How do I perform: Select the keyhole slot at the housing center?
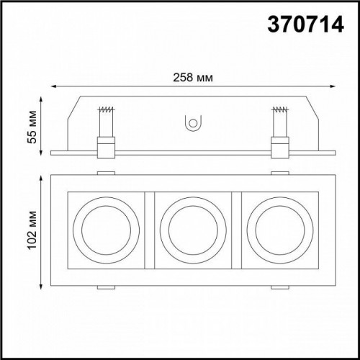point(192,124)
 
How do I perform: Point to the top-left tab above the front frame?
point(105,173)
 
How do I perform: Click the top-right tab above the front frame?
point(278,173)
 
